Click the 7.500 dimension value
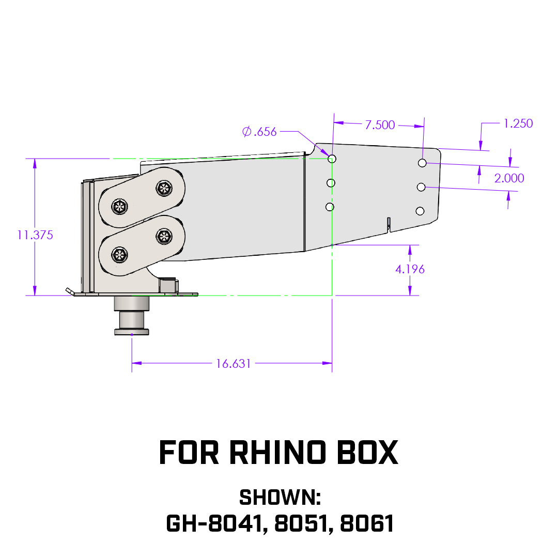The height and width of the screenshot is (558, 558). click(380, 125)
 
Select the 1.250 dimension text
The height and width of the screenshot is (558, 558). click(518, 123)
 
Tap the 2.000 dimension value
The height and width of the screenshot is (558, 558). click(509, 178)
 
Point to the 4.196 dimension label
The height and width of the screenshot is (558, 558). click(410, 269)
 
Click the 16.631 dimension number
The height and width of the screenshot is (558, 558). click(234, 364)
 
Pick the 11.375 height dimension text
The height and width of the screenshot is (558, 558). click(35, 235)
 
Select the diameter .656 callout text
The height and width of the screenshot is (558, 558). click(259, 132)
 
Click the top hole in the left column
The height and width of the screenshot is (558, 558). click(332, 159)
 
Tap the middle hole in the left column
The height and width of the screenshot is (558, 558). click(331, 183)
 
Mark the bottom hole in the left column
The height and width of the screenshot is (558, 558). click(330, 207)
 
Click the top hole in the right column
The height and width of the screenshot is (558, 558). click(423, 163)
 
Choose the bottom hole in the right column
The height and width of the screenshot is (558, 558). click(420, 211)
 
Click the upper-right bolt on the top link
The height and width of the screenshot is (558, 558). click(164, 188)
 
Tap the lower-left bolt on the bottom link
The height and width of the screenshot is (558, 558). click(119, 255)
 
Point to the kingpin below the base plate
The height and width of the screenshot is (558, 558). click(132, 316)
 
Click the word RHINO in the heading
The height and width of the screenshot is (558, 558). click(277, 453)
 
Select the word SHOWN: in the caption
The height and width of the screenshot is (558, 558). click(280, 497)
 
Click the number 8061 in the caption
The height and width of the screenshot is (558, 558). click(367, 523)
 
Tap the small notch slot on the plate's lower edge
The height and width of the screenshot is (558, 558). click(389, 225)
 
